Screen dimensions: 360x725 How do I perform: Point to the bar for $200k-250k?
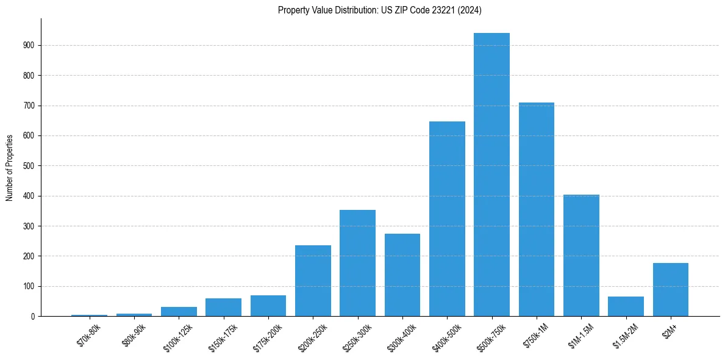pyautogui.click(x=313, y=281)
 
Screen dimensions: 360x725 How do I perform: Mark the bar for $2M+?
pyautogui.click(x=671, y=289)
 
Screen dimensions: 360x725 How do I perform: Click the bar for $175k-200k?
pyautogui.click(x=268, y=306)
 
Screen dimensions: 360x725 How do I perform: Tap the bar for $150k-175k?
pyautogui.click(x=223, y=307)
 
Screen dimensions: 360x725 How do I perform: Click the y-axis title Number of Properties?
pyautogui.click(x=9, y=167)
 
